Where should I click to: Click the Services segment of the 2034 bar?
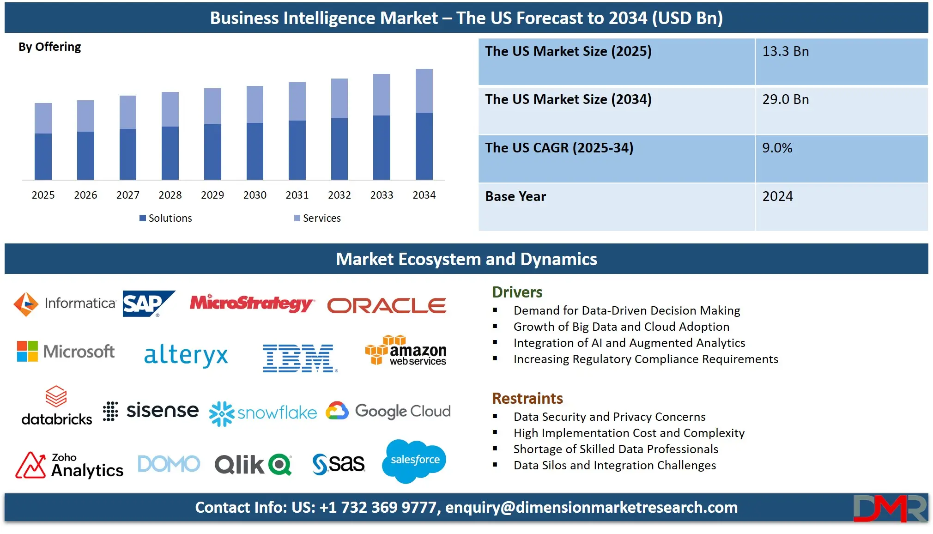tap(424, 91)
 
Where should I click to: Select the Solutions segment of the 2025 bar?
tap(43, 156)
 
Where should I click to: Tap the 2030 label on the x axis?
tap(255, 195)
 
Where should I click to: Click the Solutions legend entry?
tap(166, 218)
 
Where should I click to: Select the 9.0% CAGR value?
tap(777, 148)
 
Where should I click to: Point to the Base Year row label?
tap(515, 197)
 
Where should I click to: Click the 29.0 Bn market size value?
tap(786, 100)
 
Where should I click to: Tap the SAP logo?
tap(147, 303)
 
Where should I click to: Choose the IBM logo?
tap(299, 358)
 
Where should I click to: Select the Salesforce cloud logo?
tap(414, 461)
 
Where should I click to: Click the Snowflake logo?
tap(263, 413)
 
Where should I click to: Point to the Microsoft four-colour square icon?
tap(27, 352)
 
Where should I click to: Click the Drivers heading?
tap(517, 292)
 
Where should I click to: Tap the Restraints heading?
tap(527, 399)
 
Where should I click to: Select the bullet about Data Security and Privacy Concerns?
tap(609, 417)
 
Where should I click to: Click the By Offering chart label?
tap(50, 47)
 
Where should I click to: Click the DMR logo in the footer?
tap(890, 508)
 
